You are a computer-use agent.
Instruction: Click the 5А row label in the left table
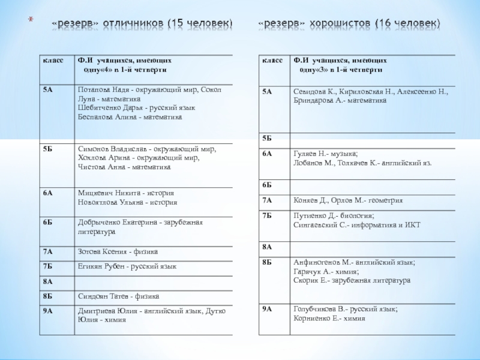(47, 89)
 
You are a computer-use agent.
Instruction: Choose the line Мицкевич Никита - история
(126, 193)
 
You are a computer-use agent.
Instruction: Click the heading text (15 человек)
(200, 23)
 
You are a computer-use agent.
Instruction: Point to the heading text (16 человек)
(407, 23)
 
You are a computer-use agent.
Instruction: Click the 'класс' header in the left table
(49, 61)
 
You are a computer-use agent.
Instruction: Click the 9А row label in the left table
(47, 311)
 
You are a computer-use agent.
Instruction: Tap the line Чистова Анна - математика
(124, 167)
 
